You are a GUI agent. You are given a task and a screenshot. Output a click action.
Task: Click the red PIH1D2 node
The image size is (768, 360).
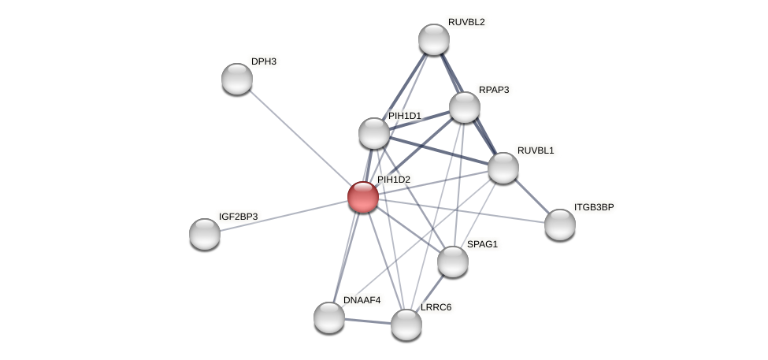(x=363, y=197)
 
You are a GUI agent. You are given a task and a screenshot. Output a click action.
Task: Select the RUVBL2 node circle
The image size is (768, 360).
(x=433, y=39)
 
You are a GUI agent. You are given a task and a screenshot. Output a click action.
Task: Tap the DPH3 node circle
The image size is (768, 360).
(x=237, y=79)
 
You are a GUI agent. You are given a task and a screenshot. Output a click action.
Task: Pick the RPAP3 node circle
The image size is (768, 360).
(x=465, y=107)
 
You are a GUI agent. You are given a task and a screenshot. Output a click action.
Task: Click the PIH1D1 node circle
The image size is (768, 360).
(x=374, y=133)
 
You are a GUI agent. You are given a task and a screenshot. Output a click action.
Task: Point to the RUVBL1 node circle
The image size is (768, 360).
(x=503, y=168)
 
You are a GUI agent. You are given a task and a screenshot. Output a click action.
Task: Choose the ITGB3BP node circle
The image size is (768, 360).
(x=560, y=225)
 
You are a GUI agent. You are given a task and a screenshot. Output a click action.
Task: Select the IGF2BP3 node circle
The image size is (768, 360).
(x=205, y=234)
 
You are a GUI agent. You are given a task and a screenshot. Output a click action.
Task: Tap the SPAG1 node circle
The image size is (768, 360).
(x=453, y=262)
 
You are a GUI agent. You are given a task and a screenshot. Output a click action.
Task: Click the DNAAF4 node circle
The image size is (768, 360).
(x=329, y=317)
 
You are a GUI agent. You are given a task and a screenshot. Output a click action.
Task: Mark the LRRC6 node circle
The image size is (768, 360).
(x=406, y=324)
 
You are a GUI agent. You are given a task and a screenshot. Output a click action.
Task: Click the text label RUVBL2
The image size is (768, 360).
(x=466, y=22)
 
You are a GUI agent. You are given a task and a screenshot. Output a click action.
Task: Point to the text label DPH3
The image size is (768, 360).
(x=264, y=61)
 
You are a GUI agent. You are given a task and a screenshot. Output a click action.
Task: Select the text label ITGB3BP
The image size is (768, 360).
(x=594, y=207)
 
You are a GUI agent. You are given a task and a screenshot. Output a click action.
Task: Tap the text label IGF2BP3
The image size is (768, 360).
(x=238, y=216)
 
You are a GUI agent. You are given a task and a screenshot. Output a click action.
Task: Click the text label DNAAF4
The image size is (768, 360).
(x=362, y=300)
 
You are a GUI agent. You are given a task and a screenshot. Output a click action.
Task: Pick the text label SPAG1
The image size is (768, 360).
(x=482, y=244)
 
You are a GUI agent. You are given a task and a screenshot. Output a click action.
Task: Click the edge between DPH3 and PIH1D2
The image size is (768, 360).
(x=300, y=138)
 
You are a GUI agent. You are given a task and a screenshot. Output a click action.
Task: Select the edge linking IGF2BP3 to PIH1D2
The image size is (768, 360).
(x=284, y=215)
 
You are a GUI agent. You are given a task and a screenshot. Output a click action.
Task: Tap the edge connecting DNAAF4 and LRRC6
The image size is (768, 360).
(x=368, y=321)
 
